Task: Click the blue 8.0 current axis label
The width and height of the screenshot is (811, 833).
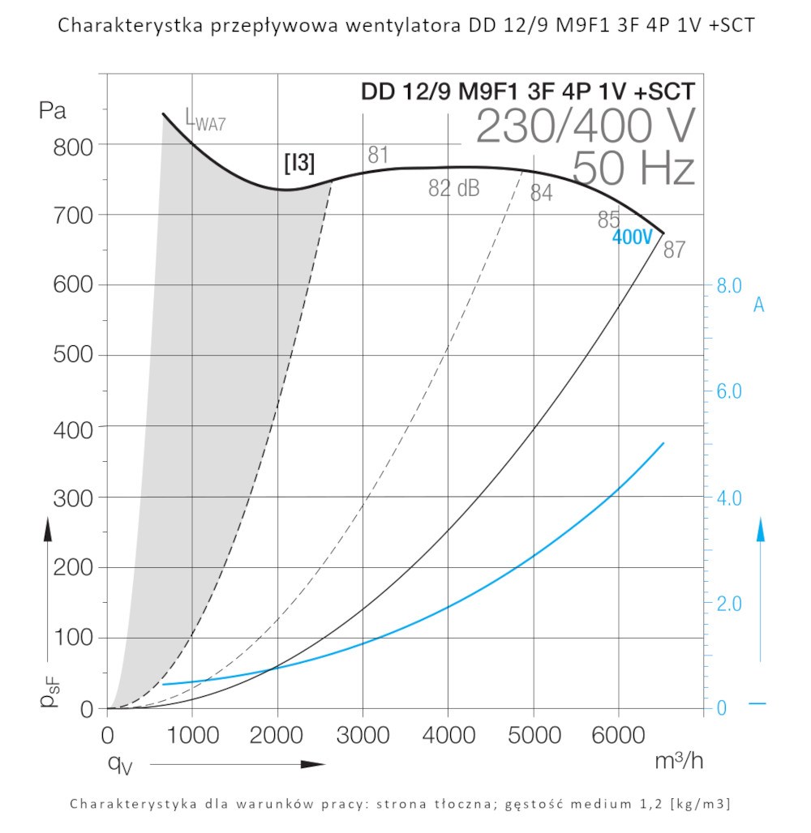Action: pyautogui.click(x=729, y=285)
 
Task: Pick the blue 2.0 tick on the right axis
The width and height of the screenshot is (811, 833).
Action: pyautogui.click(x=729, y=604)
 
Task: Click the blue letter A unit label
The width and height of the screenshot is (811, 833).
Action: pyautogui.click(x=759, y=305)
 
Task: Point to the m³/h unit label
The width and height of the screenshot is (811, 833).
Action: pyautogui.click(x=678, y=761)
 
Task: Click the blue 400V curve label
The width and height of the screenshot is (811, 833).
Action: pyautogui.click(x=632, y=237)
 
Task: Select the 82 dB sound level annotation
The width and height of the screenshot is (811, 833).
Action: pyautogui.click(x=454, y=189)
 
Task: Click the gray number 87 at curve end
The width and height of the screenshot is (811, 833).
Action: pyautogui.click(x=675, y=250)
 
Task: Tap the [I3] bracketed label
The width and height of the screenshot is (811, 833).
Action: pyautogui.click(x=299, y=163)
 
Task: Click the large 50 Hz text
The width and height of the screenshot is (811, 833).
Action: pyautogui.click(x=633, y=169)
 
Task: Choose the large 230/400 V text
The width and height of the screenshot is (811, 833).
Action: pyautogui.click(x=586, y=126)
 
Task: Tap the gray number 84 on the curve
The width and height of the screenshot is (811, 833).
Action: pyautogui.click(x=542, y=193)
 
